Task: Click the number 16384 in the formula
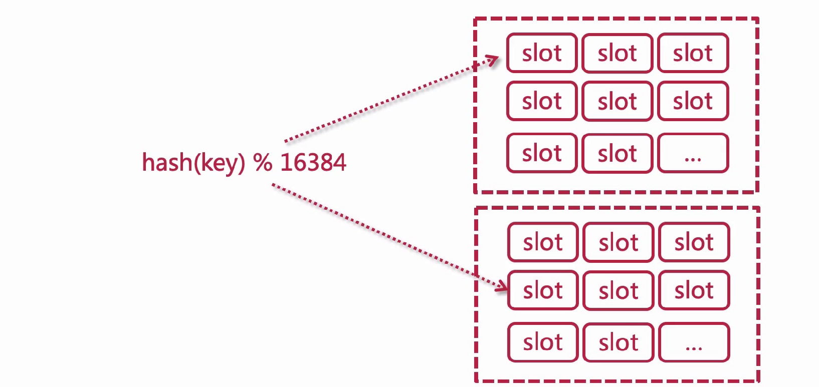(313, 163)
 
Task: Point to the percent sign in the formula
(263, 163)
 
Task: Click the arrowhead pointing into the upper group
(492, 61)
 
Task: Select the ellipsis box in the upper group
(693, 153)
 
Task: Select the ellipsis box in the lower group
(694, 342)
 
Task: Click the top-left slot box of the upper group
(542, 53)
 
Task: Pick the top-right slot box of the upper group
(693, 53)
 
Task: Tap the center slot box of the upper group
(617, 102)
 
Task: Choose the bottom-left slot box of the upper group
(542, 153)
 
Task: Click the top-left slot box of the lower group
(543, 242)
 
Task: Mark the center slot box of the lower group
(619, 291)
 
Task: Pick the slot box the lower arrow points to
(543, 290)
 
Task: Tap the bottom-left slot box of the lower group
(543, 342)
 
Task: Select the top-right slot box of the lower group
(694, 242)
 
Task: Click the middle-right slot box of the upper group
(693, 101)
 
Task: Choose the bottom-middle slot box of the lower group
(619, 342)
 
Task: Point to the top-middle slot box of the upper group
(617, 53)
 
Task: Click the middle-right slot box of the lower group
(694, 290)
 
